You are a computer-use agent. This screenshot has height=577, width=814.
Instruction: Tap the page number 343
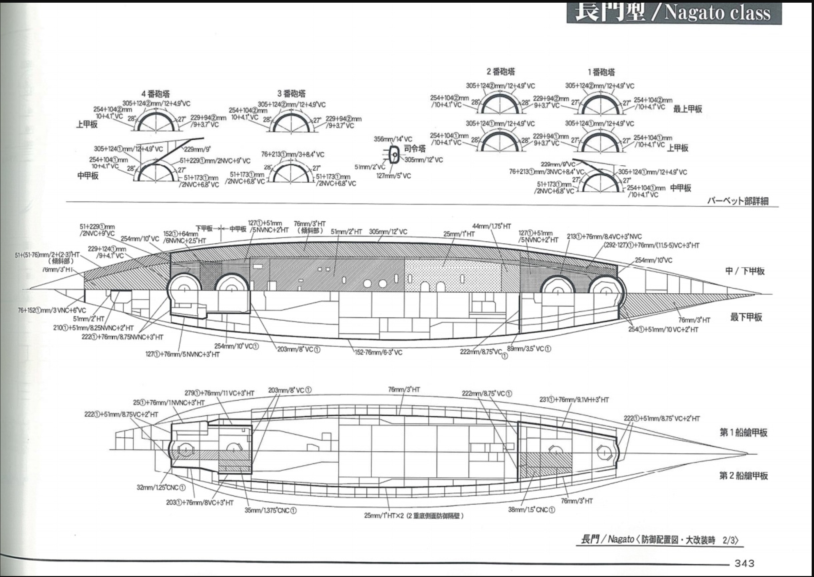(x=744, y=563)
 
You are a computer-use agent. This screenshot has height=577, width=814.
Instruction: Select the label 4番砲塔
(x=156, y=94)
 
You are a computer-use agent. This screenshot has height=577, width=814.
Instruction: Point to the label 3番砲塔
(x=291, y=93)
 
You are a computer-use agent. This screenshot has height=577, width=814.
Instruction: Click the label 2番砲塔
(x=501, y=71)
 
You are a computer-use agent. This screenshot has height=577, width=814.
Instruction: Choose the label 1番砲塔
(x=601, y=72)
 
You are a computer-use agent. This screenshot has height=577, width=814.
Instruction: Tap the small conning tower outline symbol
(x=394, y=155)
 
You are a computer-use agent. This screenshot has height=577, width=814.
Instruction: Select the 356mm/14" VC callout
(x=393, y=139)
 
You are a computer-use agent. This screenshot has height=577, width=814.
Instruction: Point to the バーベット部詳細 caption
(x=738, y=201)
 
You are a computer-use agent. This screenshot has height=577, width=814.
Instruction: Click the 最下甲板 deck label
(x=746, y=317)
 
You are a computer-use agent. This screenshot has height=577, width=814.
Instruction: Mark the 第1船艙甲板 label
(x=743, y=432)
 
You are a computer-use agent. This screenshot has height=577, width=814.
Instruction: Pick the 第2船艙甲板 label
(x=743, y=475)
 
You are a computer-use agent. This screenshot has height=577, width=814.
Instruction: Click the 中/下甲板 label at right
(x=745, y=271)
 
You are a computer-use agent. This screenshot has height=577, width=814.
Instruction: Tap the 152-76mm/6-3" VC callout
(x=378, y=352)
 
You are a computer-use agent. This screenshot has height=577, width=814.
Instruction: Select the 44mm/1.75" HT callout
(x=491, y=226)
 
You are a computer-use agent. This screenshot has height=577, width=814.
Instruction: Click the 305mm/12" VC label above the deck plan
(x=388, y=232)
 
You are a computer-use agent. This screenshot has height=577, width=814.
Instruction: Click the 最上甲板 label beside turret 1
(x=688, y=109)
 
